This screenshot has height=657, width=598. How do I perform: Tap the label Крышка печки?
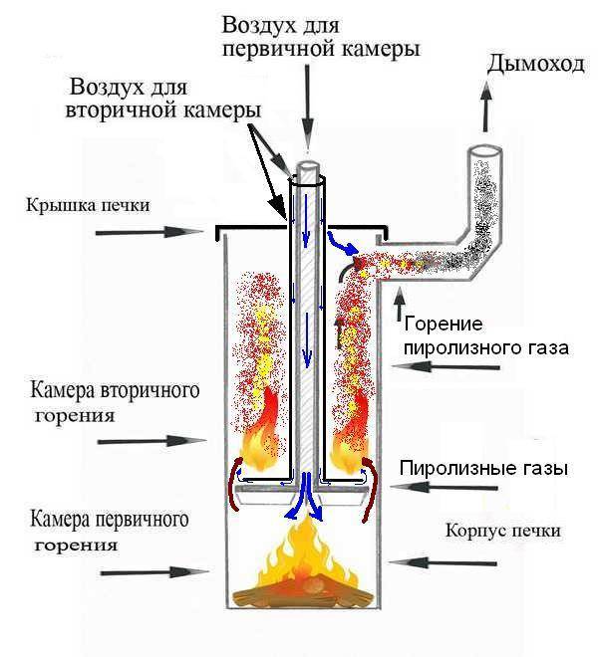(x=90, y=206)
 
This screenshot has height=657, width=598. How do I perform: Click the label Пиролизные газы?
(x=483, y=467)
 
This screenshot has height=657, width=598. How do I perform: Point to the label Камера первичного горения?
(x=109, y=532)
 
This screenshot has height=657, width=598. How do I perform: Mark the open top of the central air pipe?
(x=308, y=171)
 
